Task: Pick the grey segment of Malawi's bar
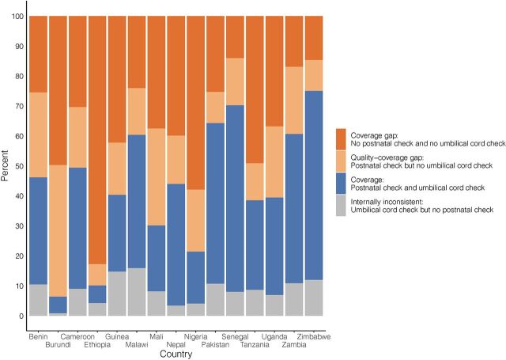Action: pos(136,292)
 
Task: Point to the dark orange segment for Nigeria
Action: pos(195,103)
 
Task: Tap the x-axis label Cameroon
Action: pos(79,335)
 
